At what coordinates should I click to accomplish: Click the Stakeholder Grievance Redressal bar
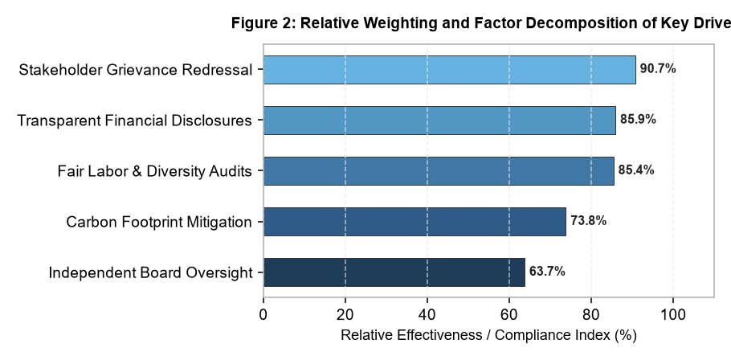tap(449, 70)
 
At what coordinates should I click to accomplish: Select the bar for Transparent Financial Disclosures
tap(439, 121)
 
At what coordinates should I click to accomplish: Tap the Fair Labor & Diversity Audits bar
tap(439, 171)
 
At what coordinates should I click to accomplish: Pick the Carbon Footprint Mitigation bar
tap(415, 222)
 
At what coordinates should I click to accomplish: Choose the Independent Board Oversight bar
tap(394, 272)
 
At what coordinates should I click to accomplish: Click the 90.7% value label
tap(658, 69)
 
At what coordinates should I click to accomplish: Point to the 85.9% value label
tap(638, 120)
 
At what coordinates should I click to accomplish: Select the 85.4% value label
tap(636, 170)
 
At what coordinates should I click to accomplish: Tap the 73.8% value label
tap(588, 220)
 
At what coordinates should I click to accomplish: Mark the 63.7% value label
tap(547, 272)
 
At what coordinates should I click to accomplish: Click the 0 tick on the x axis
tap(263, 315)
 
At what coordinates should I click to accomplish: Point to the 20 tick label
tap(345, 315)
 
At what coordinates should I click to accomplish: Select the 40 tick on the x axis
tap(427, 315)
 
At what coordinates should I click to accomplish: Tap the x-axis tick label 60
tap(509, 315)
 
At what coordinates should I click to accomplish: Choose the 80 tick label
tap(591, 315)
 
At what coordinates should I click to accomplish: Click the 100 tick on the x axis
tap(673, 315)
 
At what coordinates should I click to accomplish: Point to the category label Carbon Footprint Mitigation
tap(159, 222)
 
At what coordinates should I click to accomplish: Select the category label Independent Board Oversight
tap(150, 272)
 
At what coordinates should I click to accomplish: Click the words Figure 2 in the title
tap(263, 23)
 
